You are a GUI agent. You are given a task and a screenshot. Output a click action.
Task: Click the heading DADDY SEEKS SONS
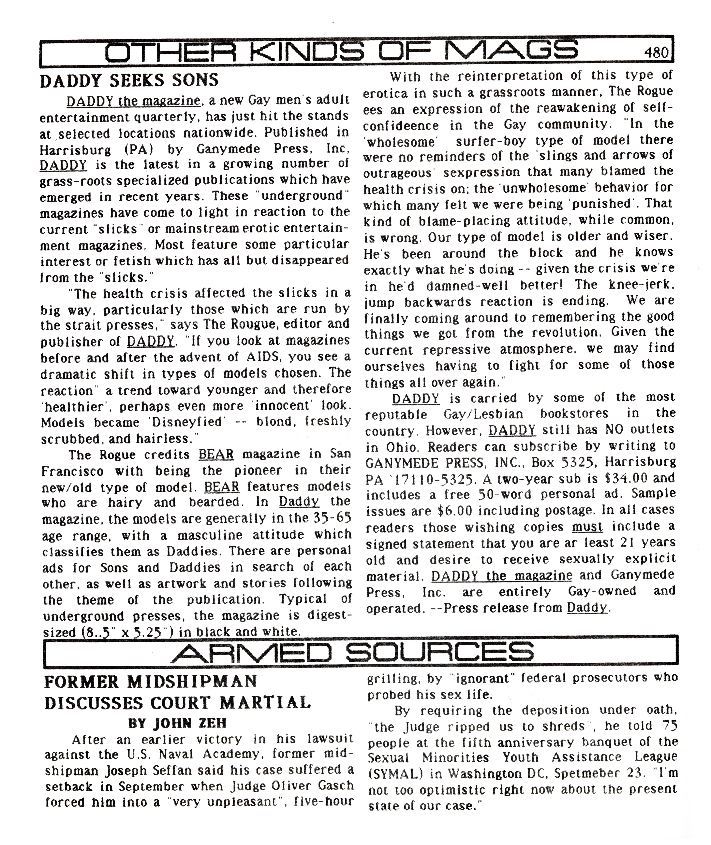(x=129, y=80)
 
